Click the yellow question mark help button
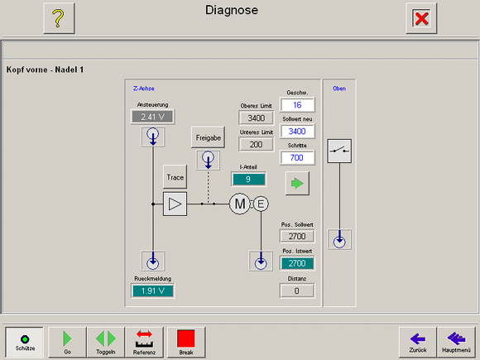coord(59,18)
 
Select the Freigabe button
coord(209,137)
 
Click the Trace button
coord(175,177)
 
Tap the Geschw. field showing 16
coord(297,105)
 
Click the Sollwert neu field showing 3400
coord(297,132)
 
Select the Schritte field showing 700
coord(297,157)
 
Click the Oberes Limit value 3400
coord(257,118)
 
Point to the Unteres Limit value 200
coord(257,144)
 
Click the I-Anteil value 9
coord(248,179)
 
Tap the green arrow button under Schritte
coord(297,184)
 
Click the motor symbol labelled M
coord(240,204)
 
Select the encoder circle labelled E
coord(261,204)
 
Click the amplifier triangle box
coord(175,204)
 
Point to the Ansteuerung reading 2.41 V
coord(153,117)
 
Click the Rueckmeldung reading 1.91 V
coord(153,290)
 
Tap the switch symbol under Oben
coord(339,151)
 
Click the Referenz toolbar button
coord(144,342)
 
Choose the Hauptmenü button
coord(456,342)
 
